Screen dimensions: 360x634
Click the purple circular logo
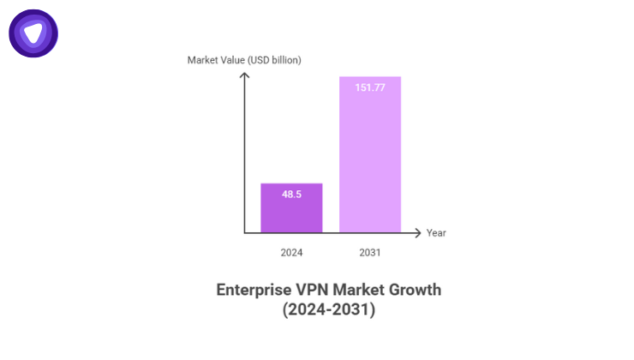pyautogui.click(x=33, y=33)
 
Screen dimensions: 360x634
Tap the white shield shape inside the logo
pyautogui.click(x=33, y=33)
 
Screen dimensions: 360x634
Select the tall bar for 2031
pyautogui.click(x=370, y=154)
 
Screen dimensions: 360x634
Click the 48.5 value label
pyautogui.click(x=291, y=195)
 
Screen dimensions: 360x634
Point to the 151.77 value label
pyautogui.click(x=370, y=87)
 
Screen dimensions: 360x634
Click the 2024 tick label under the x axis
pyautogui.click(x=291, y=253)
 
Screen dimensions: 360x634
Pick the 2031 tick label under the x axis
pyautogui.click(x=370, y=253)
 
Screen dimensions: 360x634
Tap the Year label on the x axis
pyautogui.click(x=436, y=233)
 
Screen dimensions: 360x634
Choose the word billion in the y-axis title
pyautogui.click(x=284, y=60)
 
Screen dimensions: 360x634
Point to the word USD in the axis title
pyautogui.click(x=260, y=60)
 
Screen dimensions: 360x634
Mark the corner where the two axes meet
pyautogui.click(x=244, y=232)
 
